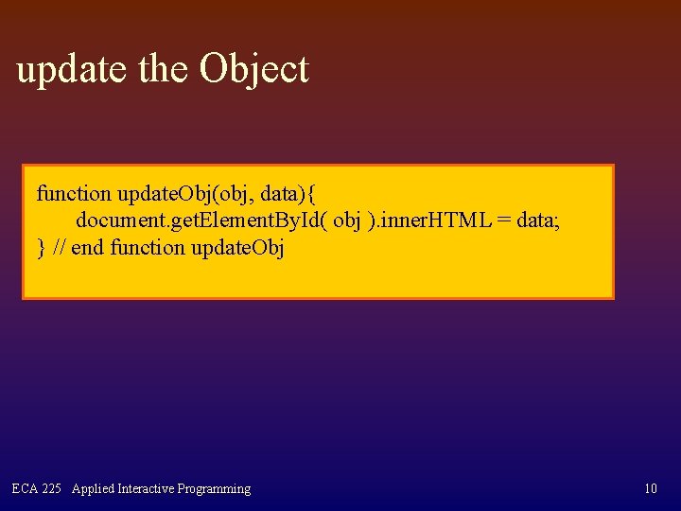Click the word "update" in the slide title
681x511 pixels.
pyautogui.click(x=73, y=70)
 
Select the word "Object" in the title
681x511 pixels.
pyautogui.click(x=253, y=70)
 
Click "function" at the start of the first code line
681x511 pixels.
pyautogui.click(x=74, y=194)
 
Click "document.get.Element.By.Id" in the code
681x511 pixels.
pyautogui.click(x=201, y=220)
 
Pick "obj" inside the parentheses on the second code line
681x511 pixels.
pyautogui.click(x=347, y=220)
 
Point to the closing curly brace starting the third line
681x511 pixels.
pyautogui.click(x=41, y=248)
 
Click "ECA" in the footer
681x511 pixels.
pyautogui.click(x=25, y=489)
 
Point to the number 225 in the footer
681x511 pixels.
pyautogui.click(x=52, y=489)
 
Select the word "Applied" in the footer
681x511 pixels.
pyautogui.click(x=93, y=489)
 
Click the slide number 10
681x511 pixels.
pyautogui.click(x=650, y=489)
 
